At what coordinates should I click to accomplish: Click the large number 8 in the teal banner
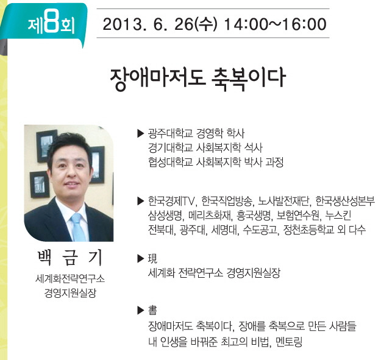(x=52, y=23)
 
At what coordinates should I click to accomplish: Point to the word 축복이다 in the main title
(x=247, y=78)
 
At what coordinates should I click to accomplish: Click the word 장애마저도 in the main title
(x=157, y=78)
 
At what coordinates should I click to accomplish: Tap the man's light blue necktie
(x=79, y=227)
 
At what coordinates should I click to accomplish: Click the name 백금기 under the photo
(x=70, y=257)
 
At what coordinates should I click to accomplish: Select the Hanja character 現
(x=152, y=258)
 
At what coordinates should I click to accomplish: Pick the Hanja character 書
(x=152, y=310)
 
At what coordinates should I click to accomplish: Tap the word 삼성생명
(x=165, y=215)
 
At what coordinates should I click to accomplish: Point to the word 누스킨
(x=338, y=215)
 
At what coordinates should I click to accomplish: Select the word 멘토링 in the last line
(x=289, y=342)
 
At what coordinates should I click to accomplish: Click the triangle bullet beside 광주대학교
(x=141, y=133)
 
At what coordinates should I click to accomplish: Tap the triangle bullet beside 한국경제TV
(x=141, y=201)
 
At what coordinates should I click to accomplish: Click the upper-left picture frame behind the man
(x=47, y=146)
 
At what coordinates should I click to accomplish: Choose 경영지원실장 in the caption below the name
(x=70, y=293)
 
